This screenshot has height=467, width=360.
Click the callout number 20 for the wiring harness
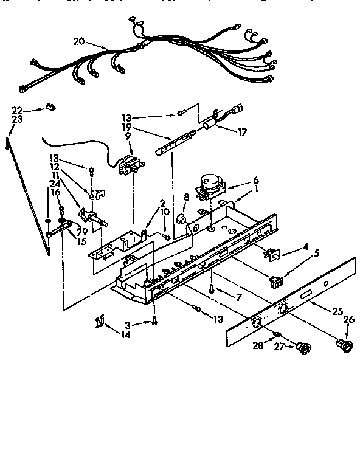tap(78, 42)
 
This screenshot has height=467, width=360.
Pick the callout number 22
tap(16, 109)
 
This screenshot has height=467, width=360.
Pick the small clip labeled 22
tap(49, 108)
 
